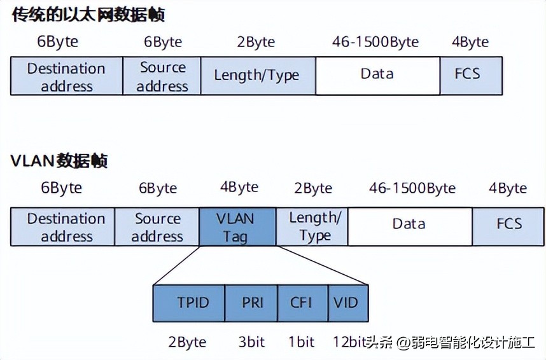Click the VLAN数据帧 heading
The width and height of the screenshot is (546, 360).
click(x=59, y=160)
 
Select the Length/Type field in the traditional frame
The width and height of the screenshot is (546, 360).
click(x=256, y=76)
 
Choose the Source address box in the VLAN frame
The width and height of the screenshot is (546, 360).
click(x=157, y=227)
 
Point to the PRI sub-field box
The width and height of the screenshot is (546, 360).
click(x=251, y=303)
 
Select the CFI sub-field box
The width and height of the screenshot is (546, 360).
click(x=303, y=303)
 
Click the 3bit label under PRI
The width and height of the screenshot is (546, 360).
click(x=251, y=342)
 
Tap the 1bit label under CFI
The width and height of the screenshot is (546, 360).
click(x=302, y=342)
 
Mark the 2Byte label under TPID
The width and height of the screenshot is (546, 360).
click(x=187, y=342)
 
